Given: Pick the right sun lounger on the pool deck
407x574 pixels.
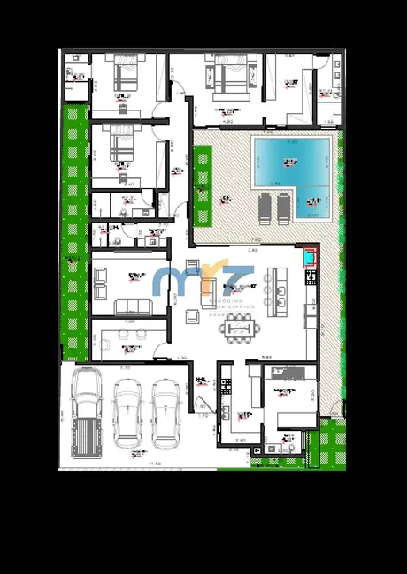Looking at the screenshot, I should pyautogui.click(x=283, y=208).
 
